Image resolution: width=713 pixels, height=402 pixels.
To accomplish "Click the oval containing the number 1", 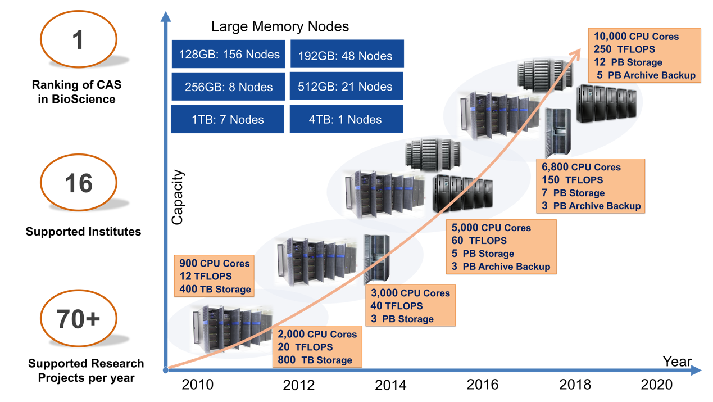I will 79,39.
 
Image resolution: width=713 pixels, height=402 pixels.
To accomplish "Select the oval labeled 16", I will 79,183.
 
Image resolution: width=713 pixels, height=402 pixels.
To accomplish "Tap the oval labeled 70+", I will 79,319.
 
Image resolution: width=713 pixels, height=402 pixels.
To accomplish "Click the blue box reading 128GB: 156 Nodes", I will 229,55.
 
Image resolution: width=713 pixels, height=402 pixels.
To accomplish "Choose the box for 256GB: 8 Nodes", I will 229,87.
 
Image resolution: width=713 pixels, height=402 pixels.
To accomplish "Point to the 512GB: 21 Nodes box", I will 347,87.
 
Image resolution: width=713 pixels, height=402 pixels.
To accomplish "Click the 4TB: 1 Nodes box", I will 347,119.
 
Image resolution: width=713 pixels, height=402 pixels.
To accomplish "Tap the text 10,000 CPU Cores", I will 636,37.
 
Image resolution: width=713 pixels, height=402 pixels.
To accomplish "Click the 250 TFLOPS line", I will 624,49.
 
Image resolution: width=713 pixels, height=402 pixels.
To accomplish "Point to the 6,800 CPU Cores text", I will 581,167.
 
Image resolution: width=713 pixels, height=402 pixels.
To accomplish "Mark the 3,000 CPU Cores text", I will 410,293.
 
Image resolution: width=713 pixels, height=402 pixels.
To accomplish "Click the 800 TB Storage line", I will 315,360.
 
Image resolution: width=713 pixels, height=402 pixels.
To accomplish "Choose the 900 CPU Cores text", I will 215,263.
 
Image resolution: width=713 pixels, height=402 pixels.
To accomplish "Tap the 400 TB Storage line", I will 215,289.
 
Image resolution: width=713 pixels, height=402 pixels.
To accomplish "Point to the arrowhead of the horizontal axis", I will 696,370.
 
